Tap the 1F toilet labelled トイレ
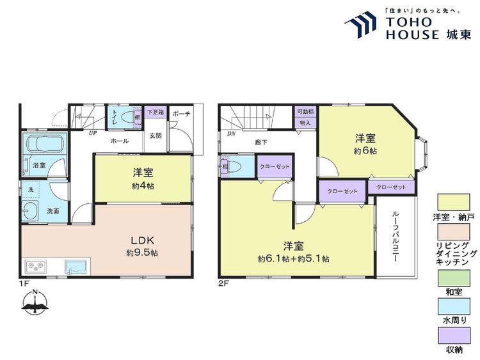click(115, 118)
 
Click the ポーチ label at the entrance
click(181, 112)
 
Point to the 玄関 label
click(156, 136)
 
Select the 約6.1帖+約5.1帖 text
click(294, 259)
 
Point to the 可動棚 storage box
click(305, 116)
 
